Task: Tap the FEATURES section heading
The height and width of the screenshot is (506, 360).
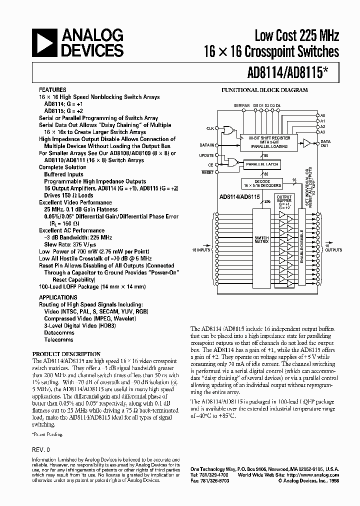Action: (52, 89)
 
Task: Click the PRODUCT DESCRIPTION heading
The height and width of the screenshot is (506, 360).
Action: (66, 353)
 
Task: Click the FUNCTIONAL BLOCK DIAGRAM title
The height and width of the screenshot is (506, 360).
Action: (264, 90)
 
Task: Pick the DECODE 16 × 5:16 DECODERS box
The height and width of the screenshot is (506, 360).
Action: (261, 183)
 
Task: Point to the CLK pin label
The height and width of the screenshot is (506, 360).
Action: (210, 128)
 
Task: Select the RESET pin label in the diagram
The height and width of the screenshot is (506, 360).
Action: (208, 172)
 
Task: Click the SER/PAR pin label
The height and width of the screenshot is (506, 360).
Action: (240, 105)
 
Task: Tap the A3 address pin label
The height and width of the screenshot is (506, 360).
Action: (323, 131)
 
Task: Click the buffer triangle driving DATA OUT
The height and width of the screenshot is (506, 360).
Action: (306, 142)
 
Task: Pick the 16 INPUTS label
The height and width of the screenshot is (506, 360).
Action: (201, 249)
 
